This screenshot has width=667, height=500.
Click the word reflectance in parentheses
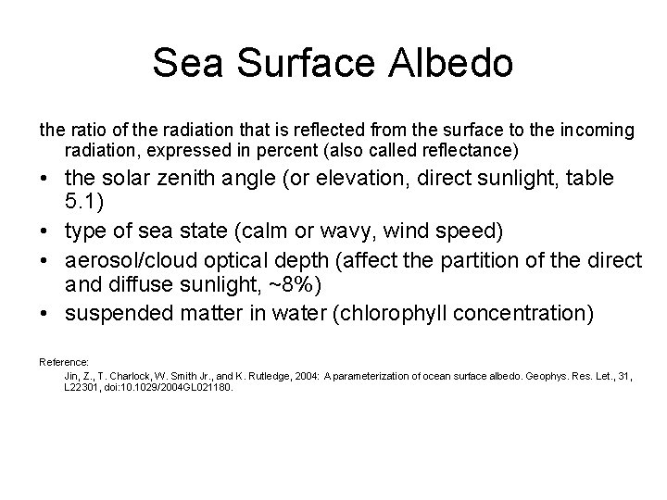tap(474, 150)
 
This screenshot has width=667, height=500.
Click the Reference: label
tap(64, 362)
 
